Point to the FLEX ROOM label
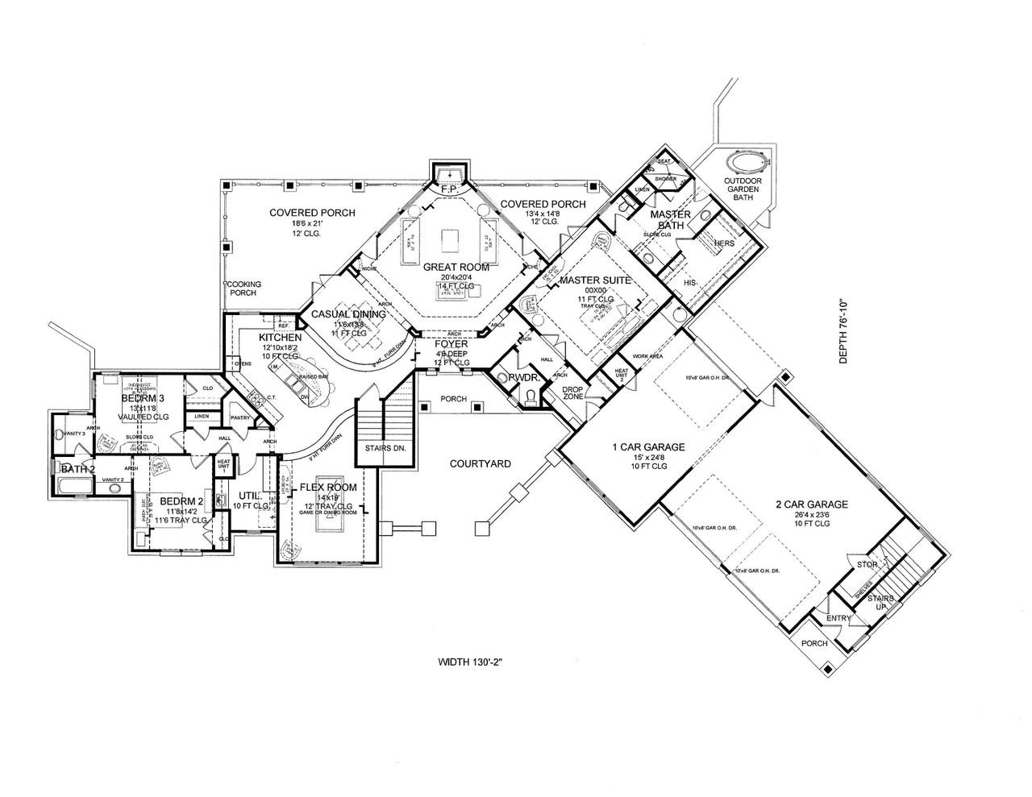click(x=327, y=488)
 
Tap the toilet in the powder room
click(x=530, y=396)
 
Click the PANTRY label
click(x=240, y=418)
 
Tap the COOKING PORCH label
click(x=241, y=288)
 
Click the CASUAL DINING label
click(x=349, y=314)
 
